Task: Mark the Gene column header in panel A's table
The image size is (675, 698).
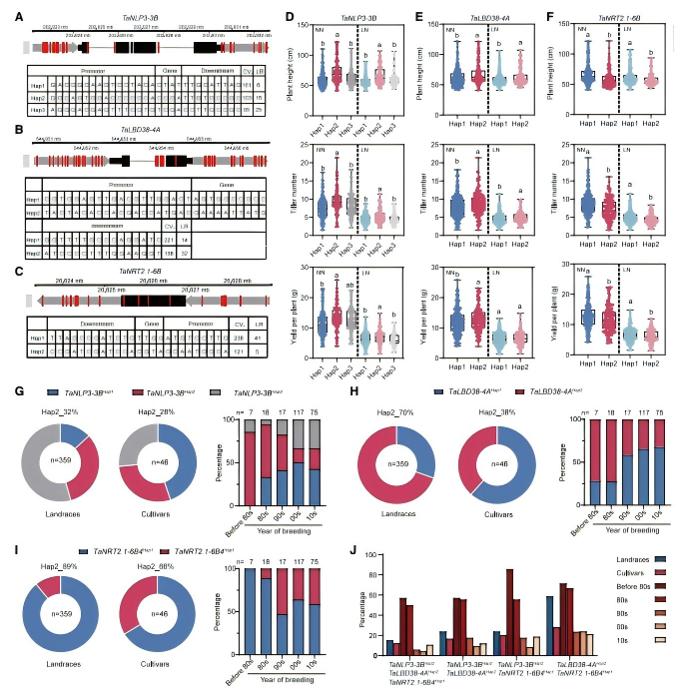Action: coord(165,71)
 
